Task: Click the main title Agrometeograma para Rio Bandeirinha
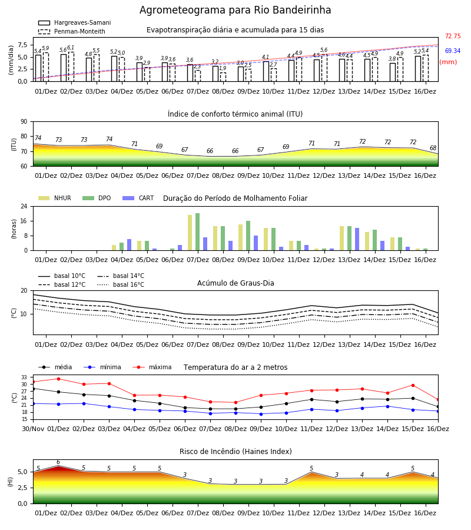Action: click(235, 10)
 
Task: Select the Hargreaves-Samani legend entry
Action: click(75, 22)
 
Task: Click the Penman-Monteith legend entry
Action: click(72, 31)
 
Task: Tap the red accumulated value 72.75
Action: click(453, 36)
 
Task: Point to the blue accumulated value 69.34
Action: click(453, 51)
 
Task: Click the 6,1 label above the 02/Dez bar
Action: click(71, 48)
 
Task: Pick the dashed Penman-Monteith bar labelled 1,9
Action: click(223, 77)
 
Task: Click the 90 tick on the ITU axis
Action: click(24, 121)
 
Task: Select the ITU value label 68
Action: click(433, 148)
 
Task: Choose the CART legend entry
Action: click(138, 198)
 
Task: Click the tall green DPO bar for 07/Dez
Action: click(198, 232)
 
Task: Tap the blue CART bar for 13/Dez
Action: click(357, 239)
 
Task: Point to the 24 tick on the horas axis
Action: click(24, 206)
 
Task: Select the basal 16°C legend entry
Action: click(121, 284)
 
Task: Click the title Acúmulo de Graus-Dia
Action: click(235, 283)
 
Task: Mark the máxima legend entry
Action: click(152, 367)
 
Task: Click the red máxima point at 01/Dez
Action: click(58, 379)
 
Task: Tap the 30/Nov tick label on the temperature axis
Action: click(33, 429)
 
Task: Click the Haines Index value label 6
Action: click(58, 462)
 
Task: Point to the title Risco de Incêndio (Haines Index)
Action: click(235, 452)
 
